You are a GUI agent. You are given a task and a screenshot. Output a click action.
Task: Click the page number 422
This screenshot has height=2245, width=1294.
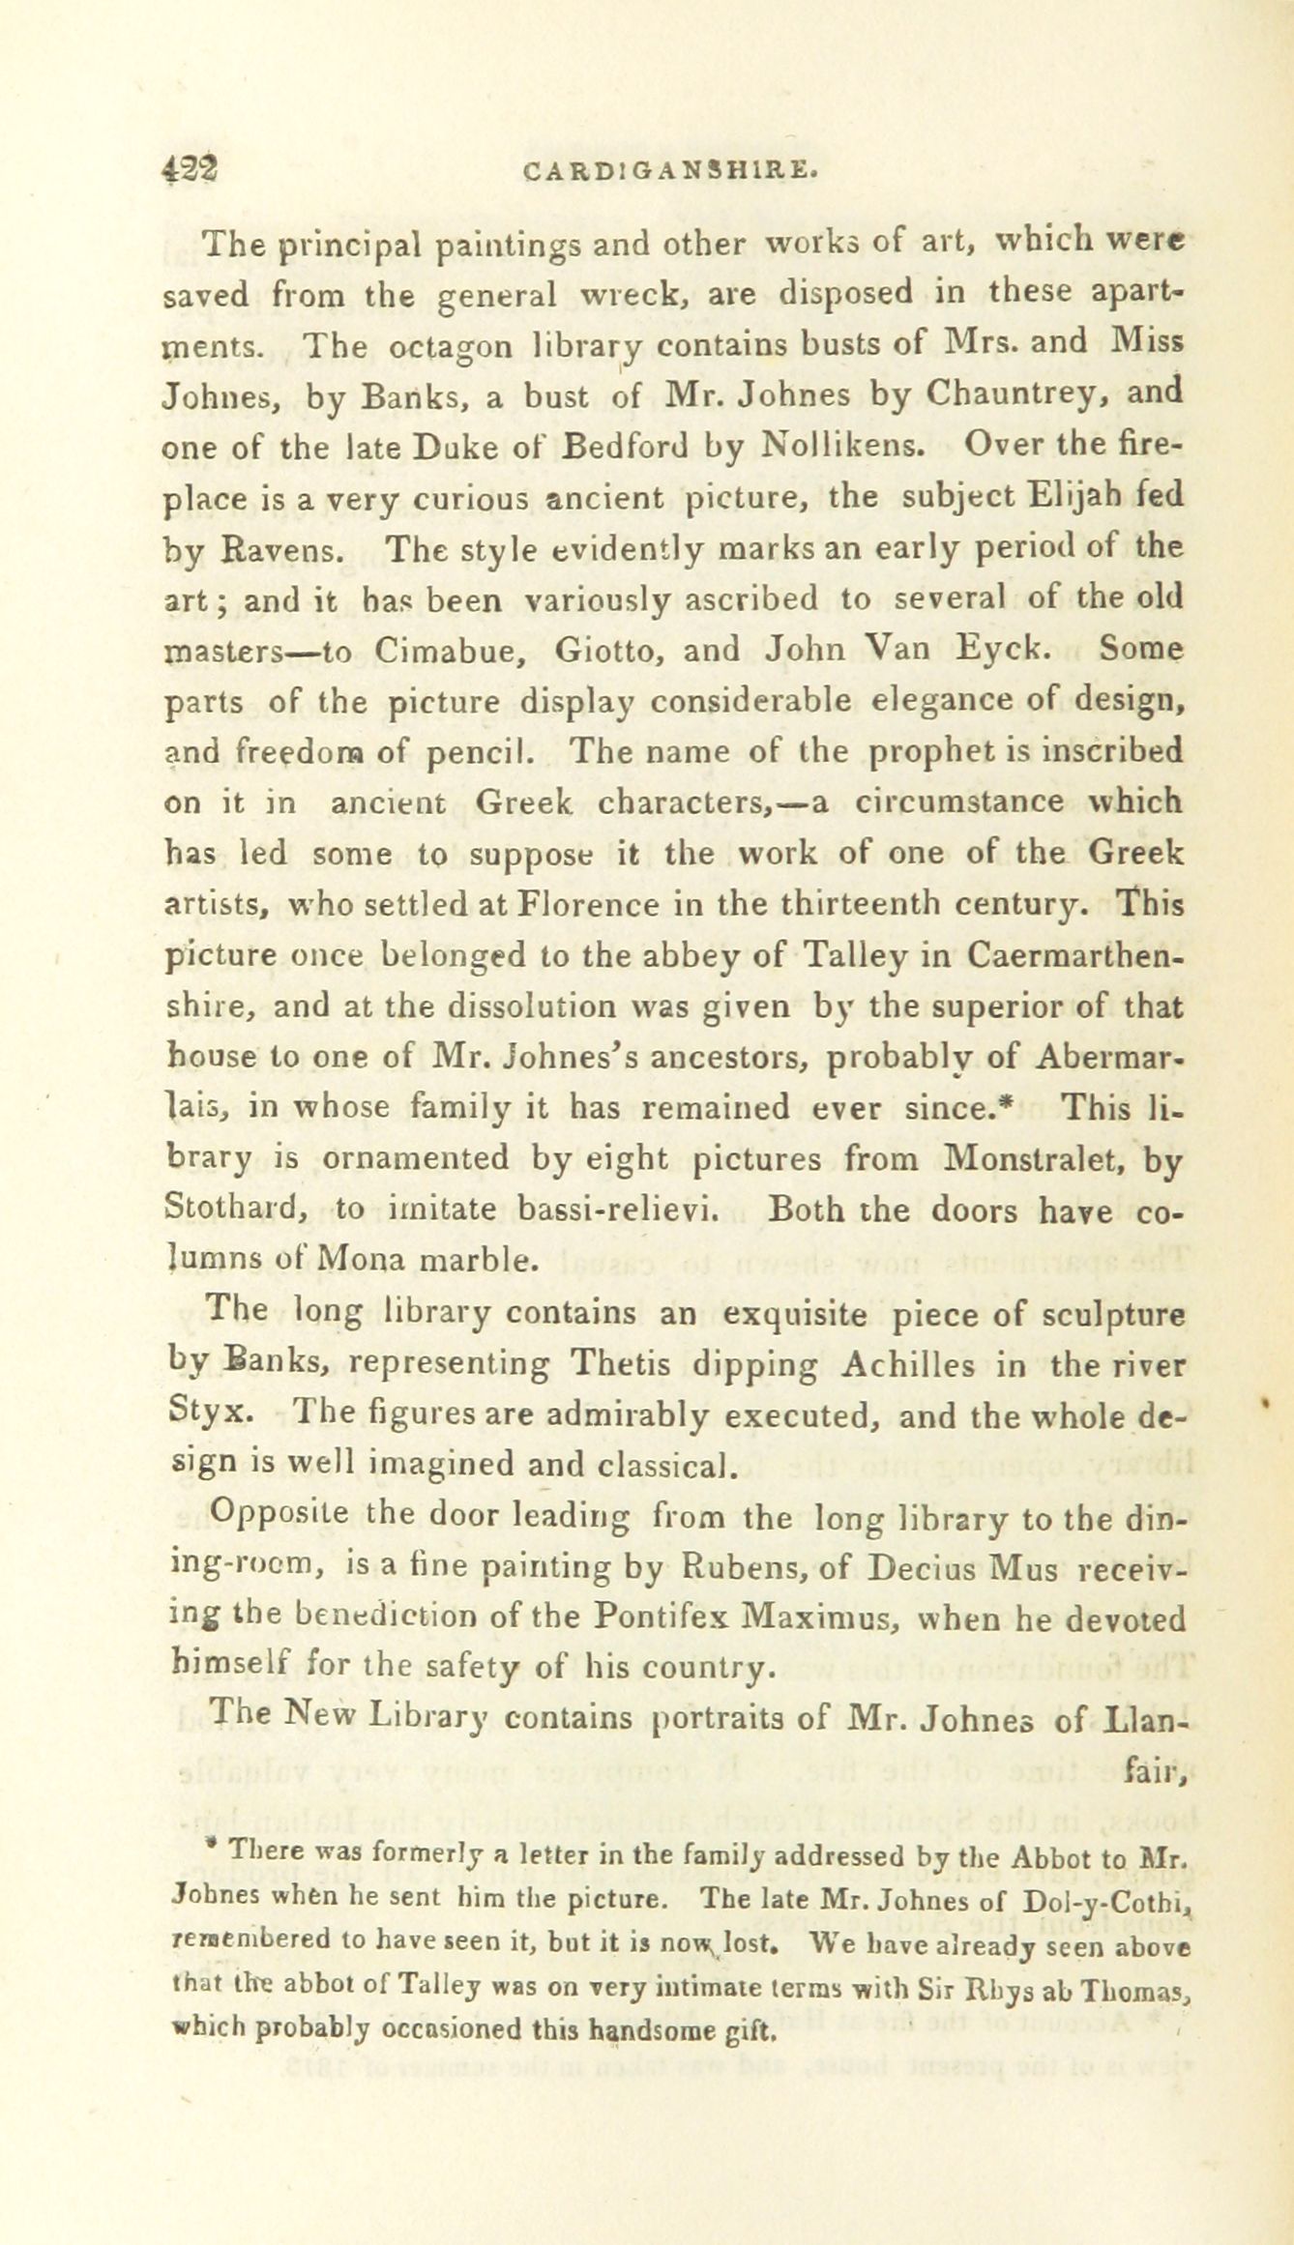point(190,171)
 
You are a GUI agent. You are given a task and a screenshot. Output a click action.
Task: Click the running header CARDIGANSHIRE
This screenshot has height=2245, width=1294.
point(672,173)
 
